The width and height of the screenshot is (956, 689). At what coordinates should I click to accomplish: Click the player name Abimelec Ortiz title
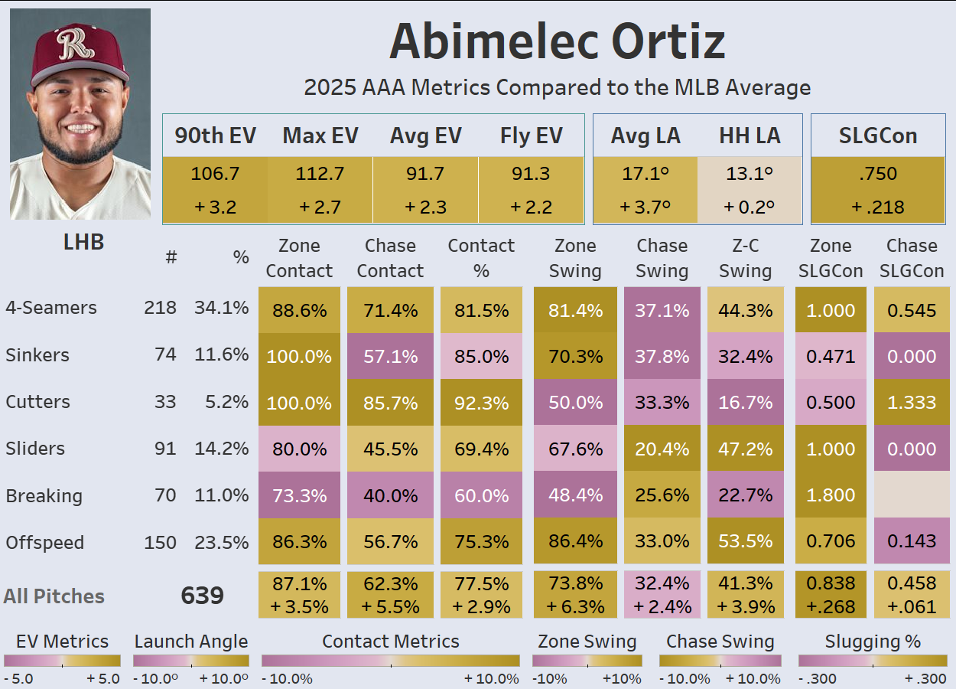tap(557, 41)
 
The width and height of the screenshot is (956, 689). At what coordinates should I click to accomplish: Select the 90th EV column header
tap(215, 136)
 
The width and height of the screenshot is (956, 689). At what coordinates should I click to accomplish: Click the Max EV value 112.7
tap(320, 174)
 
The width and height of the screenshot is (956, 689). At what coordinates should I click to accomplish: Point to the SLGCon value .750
tap(878, 174)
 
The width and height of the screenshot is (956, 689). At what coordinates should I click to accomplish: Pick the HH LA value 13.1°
tap(750, 174)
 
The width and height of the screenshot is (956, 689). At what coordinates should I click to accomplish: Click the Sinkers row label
tap(37, 355)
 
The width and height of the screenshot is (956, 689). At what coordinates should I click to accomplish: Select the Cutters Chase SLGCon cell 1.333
tap(912, 403)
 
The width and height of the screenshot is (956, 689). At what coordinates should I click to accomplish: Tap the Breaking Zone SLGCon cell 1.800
tap(831, 495)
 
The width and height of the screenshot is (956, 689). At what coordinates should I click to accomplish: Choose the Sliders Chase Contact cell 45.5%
tap(390, 449)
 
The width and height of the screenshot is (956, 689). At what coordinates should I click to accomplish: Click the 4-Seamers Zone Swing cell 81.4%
tap(575, 310)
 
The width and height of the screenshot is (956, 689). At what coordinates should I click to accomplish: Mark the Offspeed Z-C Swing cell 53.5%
tap(745, 542)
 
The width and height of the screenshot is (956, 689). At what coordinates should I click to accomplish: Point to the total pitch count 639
tap(202, 596)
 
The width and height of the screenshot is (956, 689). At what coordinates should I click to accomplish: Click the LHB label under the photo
tap(83, 243)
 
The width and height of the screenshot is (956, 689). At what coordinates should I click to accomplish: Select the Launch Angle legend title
tap(191, 642)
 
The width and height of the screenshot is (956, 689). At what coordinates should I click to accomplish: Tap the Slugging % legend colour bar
tap(872, 661)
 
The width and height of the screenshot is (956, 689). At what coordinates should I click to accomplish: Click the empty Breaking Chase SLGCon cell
tap(912, 495)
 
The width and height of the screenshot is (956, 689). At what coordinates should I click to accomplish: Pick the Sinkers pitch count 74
tap(165, 355)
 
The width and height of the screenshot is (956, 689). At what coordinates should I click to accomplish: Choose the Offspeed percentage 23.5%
tap(221, 543)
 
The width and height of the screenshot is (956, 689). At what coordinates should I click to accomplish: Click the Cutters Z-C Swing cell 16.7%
tap(745, 403)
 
